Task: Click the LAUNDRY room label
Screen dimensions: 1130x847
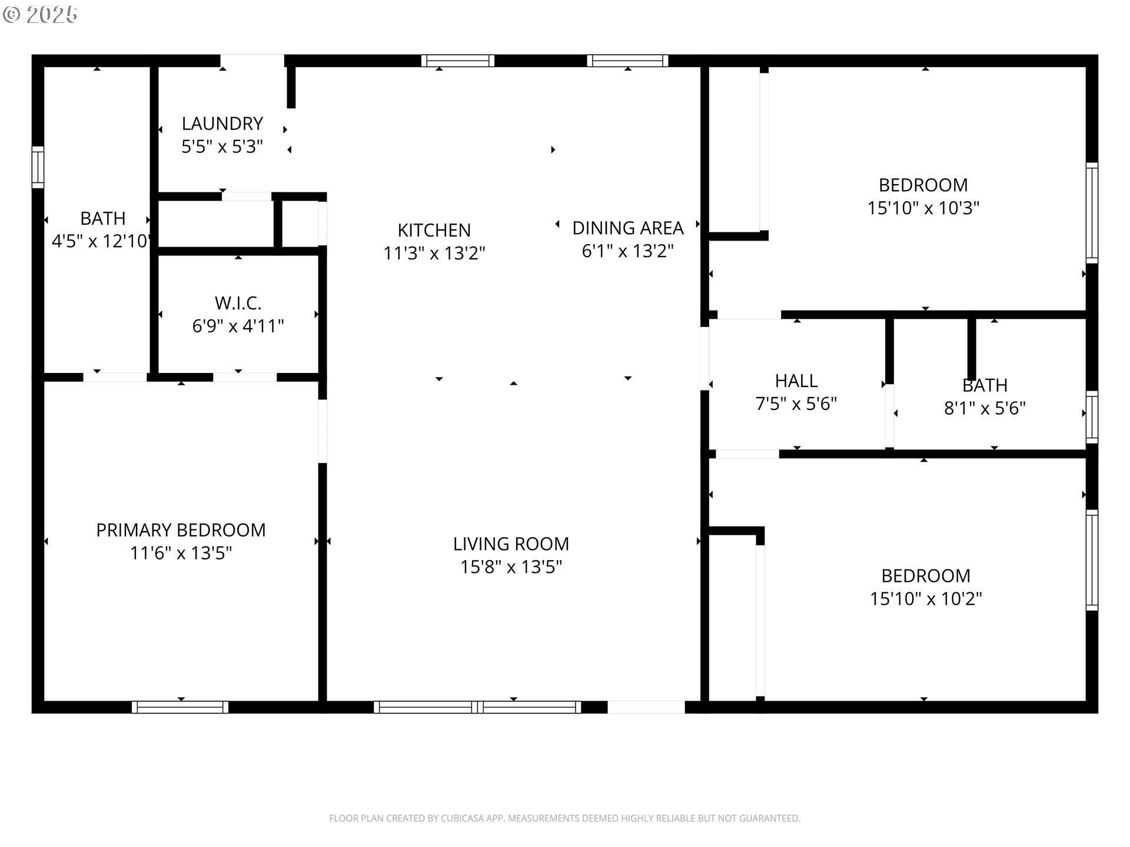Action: (x=222, y=124)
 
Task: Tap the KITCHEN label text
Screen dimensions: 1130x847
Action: (x=434, y=230)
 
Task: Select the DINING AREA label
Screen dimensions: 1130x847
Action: (x=628, y=228)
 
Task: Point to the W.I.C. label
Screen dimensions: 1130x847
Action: (x=238, y=303)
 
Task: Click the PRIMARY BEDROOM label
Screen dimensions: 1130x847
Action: (x=181, y=530)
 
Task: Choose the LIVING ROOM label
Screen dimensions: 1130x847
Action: (x=511, y=543)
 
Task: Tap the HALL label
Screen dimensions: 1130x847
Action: (x=796, y=381)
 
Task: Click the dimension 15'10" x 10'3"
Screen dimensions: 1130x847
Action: (x=923, y=208)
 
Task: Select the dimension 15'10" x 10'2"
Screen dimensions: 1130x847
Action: (x=926, y=599)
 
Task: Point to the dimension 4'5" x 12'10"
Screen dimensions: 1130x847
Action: (x=102, y=241)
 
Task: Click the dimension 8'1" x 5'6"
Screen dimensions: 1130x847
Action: (x=985, y=408)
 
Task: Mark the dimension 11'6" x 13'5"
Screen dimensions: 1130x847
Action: (x=181, y=553)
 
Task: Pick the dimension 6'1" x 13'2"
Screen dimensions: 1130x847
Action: (x=628, y=251)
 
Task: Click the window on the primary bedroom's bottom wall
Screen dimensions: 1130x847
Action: (x=180, y=707)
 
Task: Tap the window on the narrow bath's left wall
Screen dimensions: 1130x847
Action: (x=38, y=167)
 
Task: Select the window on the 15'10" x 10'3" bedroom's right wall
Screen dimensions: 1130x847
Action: (x=1092, y=213)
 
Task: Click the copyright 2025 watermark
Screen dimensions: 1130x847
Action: (x=40, y=15)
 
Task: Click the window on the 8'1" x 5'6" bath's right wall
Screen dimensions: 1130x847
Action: (x=1092, y=417)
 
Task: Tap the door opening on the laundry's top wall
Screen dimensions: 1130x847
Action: (x=252, y=61)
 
